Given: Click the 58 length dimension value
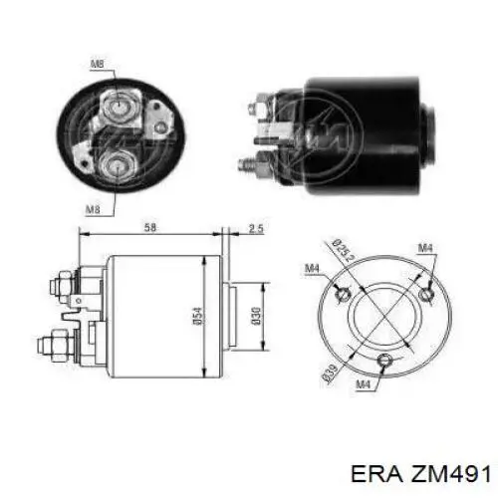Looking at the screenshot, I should click(149, 229).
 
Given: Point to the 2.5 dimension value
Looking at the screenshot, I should click(255, 229).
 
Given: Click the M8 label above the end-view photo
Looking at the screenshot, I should click(96, 65).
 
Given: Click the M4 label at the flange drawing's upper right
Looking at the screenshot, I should click(424, 248).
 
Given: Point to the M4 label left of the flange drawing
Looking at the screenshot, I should click(311, 268).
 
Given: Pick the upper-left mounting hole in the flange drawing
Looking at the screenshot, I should click(342, 293).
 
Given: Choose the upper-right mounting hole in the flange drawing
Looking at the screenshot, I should click(425, 292).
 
